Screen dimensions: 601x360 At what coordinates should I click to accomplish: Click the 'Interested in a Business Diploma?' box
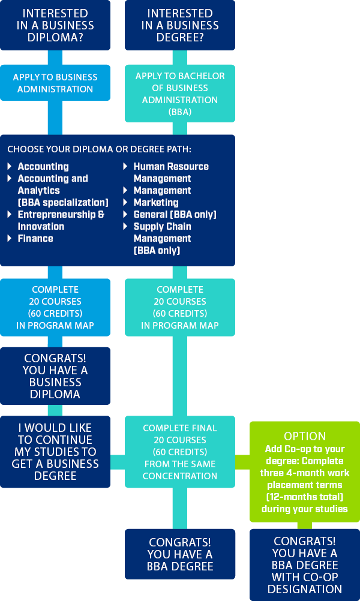click(x=55, y=25)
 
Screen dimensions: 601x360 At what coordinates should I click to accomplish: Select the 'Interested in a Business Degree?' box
click(x=180, y=25)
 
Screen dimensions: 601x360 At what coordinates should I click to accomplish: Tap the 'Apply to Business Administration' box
click(x=55, y=83)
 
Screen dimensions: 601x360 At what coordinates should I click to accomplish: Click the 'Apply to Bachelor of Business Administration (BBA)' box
click(x=180, y=94)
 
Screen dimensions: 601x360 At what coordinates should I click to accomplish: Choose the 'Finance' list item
click(x=35, y=238)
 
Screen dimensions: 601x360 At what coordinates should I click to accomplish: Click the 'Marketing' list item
click(x=156, y=202)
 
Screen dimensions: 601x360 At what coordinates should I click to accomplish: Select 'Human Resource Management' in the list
click(x=170, y=172)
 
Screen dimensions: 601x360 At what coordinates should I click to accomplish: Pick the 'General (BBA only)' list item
click(x=175, y=214)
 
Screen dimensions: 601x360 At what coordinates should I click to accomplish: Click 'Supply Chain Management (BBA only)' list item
click(x=162, y=238)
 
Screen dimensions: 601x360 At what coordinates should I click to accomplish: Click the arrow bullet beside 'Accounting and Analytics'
click(x=10, y=179)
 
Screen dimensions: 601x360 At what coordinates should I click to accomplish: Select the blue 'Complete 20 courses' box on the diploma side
click(x=55, y=307)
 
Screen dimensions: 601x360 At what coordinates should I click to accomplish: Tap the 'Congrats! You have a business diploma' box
click(x=55, y=375)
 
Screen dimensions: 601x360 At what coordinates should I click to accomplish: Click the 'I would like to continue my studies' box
click(x=55, y=452)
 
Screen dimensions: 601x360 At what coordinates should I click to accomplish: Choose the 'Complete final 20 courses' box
click(x=180, y=452)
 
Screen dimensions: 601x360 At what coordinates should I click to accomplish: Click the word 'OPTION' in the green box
click(x=305, y=436)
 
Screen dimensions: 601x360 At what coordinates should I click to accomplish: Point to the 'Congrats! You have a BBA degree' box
click(x=180, y=554)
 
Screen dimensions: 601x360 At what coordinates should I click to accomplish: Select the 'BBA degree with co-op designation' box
click(x=305, y=564)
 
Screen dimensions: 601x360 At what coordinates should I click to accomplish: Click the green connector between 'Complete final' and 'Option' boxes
click(x=242, y=461)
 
